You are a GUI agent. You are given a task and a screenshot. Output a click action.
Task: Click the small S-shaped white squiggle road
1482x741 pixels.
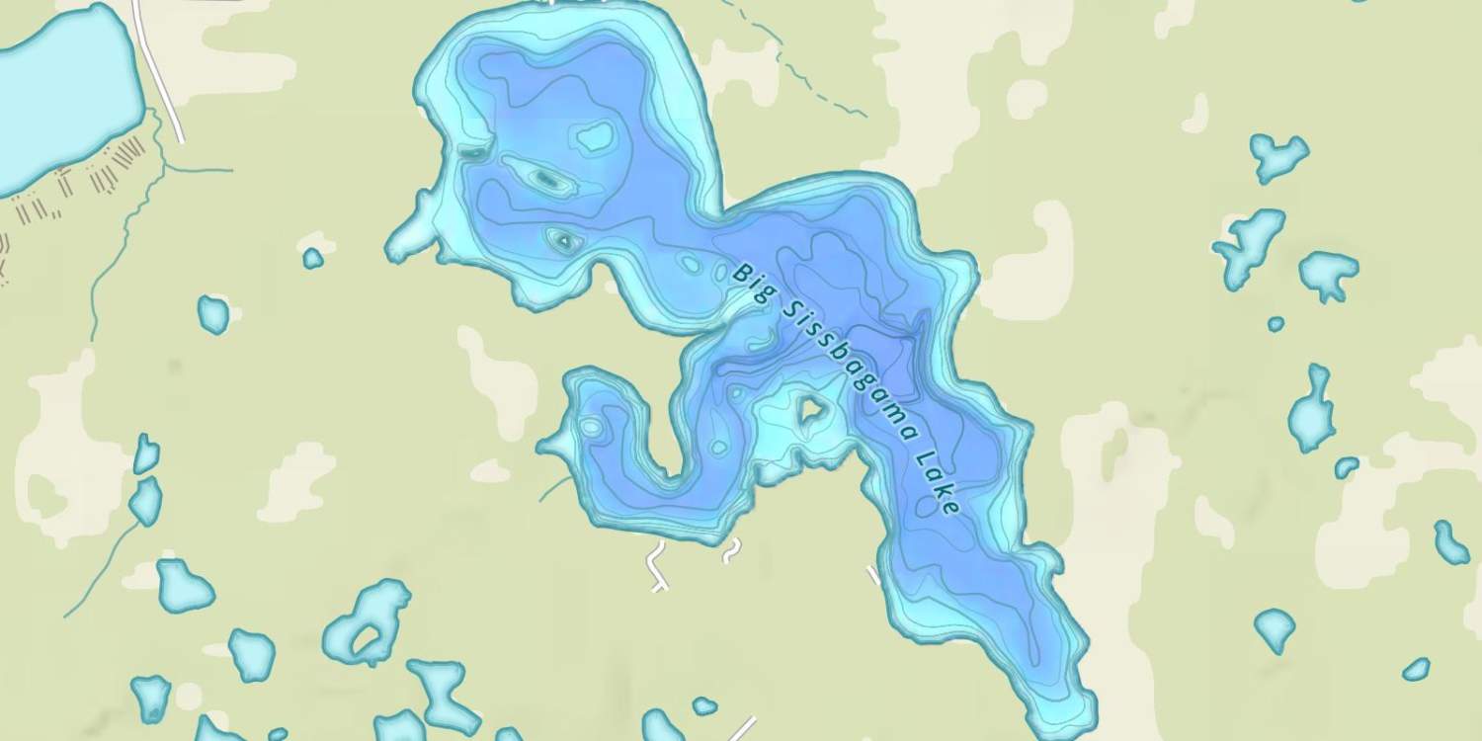click(730, 551)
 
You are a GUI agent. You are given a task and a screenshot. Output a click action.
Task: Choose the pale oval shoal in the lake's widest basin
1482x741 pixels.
click(595, 137)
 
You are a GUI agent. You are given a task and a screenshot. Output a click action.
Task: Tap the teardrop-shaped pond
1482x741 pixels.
click(1275, 628)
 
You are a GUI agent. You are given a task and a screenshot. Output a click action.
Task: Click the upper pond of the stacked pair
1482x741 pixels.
click(146, 453)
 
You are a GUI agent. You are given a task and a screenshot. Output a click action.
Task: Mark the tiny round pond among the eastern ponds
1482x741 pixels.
click(1276, 323)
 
